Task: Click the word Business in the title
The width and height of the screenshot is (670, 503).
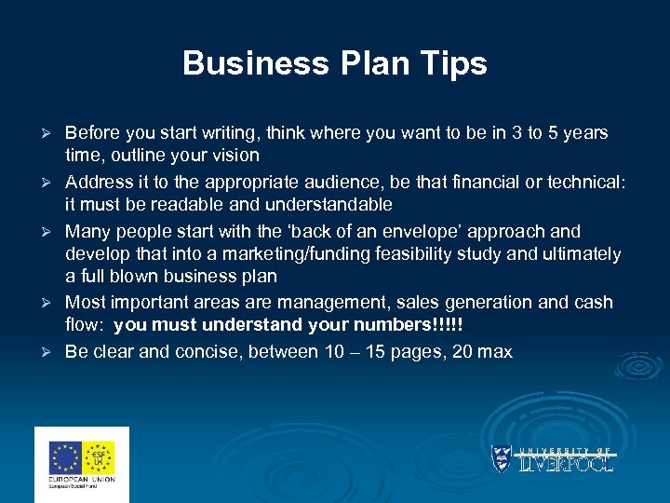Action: click(243, 63)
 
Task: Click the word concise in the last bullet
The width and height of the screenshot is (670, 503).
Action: click(221, 351)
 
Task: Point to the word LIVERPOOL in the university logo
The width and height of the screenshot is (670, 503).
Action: click(565, 463)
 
